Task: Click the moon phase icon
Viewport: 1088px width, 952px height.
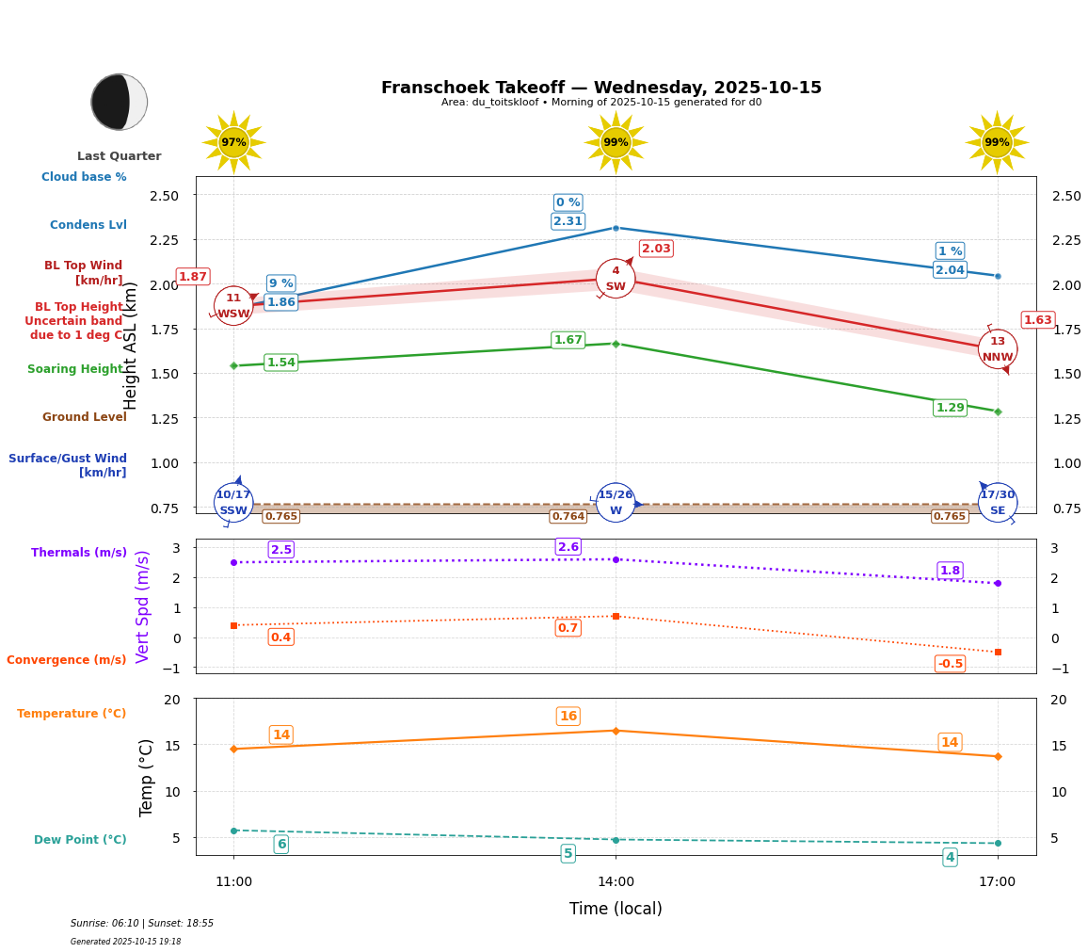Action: coord(120,102)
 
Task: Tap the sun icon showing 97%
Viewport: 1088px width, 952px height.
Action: coord(233,142)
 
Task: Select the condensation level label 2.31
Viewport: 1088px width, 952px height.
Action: coord(568,221)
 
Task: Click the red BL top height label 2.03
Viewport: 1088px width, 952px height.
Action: coord(656,249)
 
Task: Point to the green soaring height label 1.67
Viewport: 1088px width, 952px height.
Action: coord(568,340)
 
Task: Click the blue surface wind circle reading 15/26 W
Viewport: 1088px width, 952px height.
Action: coord(616,503)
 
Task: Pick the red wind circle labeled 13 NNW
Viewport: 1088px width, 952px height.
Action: coord(998,349)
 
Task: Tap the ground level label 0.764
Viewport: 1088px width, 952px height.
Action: coord(568,516)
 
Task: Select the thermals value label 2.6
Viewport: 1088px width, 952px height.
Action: coord(568,547)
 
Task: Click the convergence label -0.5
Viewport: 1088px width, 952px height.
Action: coord(950,664)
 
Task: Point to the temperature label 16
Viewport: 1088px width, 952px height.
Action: coord(568,717)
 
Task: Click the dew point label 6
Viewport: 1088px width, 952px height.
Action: coord(281,845)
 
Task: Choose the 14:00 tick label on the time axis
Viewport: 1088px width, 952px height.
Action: coord(616,882)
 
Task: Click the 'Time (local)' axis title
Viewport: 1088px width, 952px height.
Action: coord(616,909)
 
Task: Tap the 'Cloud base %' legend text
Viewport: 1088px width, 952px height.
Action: coord(84,177)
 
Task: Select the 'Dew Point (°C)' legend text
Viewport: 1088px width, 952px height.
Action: coord(80,840)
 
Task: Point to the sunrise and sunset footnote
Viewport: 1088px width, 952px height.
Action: coord(142,924)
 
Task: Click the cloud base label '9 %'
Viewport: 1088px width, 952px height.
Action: coord(280,283)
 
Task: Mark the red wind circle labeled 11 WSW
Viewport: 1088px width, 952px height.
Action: coord(233,306)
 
